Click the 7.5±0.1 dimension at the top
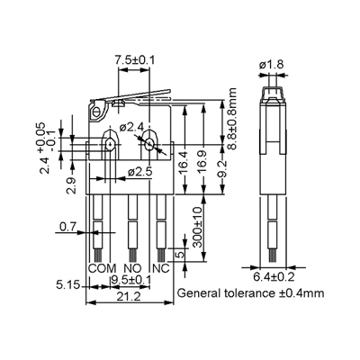pos(134,60)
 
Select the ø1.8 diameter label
pos(272,65)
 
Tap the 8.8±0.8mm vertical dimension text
pos(232,118)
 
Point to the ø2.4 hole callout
pos(132,128)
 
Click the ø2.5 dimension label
pos(140,172)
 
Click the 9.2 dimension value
pos(221,169)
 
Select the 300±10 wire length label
pos(198,227)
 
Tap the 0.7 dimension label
pos(67,227)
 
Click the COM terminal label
pos(102,268)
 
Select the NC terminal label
pos(161,268)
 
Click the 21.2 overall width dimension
pos(129,297)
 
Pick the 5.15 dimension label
pos(68,284)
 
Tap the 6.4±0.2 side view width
pos(274,276)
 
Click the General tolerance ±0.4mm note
pos(251,292)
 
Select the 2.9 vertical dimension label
pos(72,186)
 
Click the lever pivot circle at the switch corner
pos(96,112)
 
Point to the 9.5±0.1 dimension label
pos(130,281)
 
